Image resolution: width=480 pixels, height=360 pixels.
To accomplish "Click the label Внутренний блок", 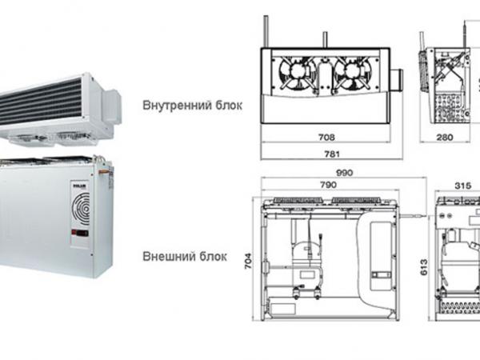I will click(191, 105).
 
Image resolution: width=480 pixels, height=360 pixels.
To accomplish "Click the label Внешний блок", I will click(184, 258).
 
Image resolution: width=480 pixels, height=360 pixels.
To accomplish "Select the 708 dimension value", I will click(325, 137).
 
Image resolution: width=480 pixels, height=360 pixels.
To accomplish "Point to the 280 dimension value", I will click(446, 137).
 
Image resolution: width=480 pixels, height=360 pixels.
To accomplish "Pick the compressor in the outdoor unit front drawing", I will click(299, 256).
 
